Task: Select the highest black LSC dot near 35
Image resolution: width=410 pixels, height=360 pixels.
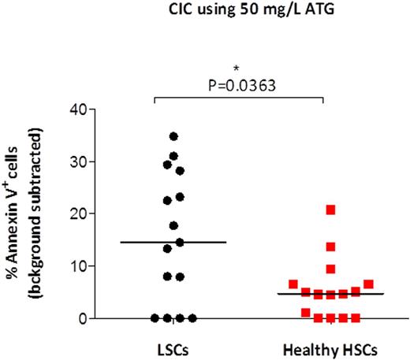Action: pyautogui.click(x=173, y=136)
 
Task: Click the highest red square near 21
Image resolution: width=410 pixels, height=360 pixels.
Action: pyautogui.click(x=331, y=210)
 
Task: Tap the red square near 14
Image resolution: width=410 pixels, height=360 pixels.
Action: pyautogui.click(x=331, y=247)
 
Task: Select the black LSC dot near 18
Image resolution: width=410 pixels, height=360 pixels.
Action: pyautogui.click(x=173, y=226)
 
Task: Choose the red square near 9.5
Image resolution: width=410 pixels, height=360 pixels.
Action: pyautogui.click(x=331, y=269)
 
